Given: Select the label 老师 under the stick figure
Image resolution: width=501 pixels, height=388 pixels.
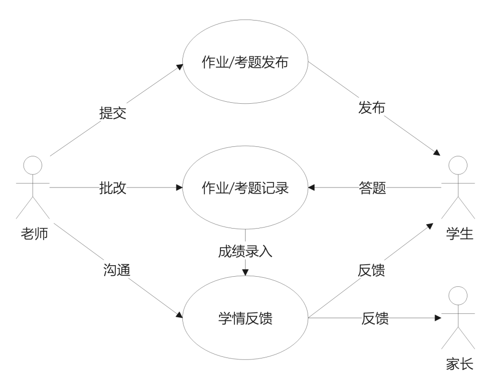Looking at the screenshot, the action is (35, 234).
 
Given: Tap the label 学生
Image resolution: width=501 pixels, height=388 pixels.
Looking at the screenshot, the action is (459, 234).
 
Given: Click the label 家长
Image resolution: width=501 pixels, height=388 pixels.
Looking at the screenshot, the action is (459, 364).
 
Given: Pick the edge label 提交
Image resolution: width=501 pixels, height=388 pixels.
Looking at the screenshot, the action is (113, 113).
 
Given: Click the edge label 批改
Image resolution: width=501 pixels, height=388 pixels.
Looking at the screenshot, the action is (113, 187).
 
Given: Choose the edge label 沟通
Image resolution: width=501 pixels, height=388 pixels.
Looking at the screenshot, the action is (117, 270).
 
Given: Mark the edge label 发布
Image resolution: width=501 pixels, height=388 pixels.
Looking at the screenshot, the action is (371, 107).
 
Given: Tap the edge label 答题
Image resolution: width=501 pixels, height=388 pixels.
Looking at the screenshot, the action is (372, 187).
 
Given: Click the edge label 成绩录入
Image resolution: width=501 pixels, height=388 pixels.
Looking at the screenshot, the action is (245, 252).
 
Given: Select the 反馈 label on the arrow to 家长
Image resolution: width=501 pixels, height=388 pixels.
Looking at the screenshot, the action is (375, 318).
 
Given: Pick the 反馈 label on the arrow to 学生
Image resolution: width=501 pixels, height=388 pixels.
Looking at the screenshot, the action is (371, 270).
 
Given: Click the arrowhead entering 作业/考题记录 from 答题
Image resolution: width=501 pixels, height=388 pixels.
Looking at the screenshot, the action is (311, 187).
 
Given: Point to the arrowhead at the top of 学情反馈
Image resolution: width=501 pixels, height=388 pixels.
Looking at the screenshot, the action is (245, 272).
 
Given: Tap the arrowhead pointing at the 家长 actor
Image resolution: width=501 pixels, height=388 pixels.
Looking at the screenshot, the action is (438, 318).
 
